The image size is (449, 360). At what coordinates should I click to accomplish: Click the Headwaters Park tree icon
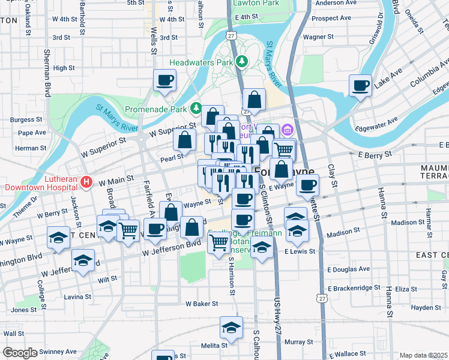[x=241, y=62]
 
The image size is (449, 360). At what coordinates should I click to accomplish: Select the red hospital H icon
[x=86, y=181]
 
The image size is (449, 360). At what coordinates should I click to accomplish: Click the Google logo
[x=20, y=353]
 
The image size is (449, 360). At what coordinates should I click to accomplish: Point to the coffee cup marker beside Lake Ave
[x=361, y=86]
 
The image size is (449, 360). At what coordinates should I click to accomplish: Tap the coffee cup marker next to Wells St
[x=164, y=80]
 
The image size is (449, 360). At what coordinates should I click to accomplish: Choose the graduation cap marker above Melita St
[x=231, y=328]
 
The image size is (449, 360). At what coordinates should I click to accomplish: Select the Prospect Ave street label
[x=331, y=19]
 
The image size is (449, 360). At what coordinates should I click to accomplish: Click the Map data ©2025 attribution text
[x=424, y=355]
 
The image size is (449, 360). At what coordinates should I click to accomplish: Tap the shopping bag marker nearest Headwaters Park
[x=255, y=100]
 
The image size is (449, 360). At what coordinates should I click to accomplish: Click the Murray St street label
[x=296, y=342]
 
